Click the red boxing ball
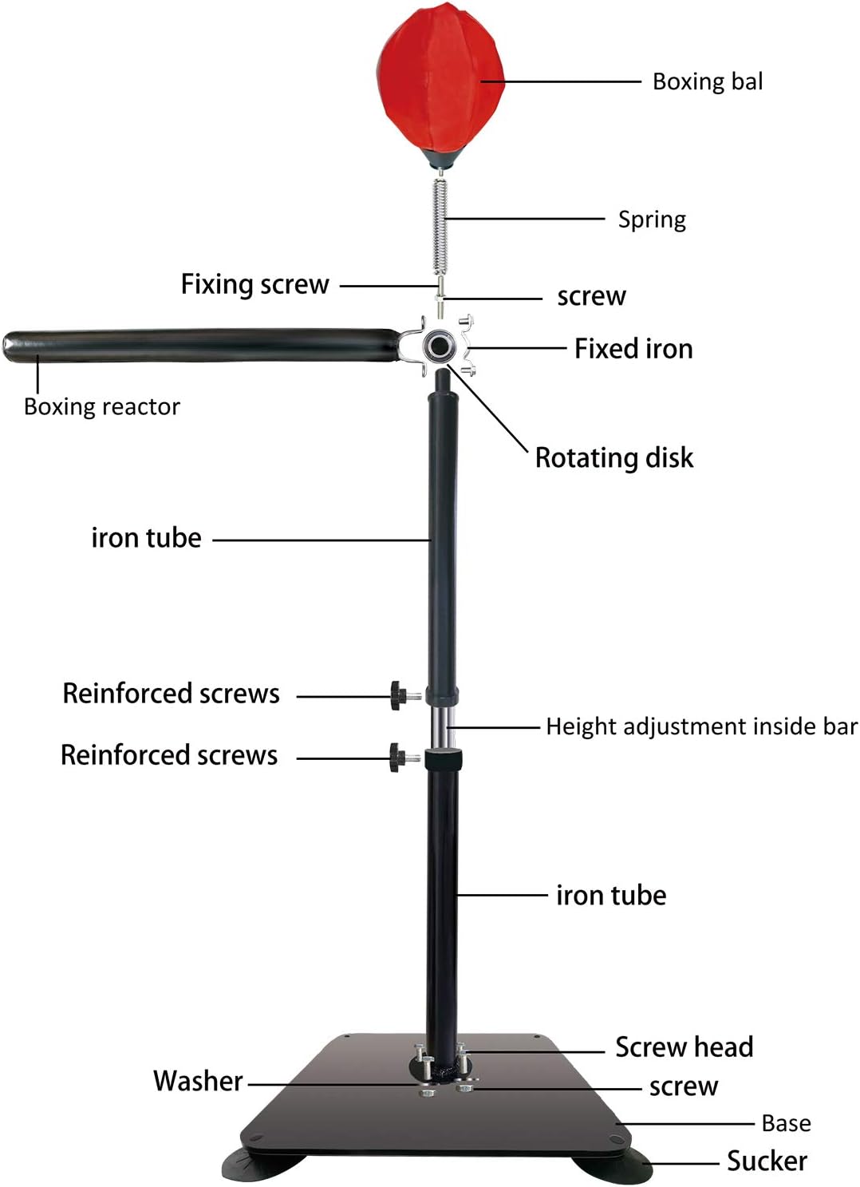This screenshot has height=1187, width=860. click(440, 84)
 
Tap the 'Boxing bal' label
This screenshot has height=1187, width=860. click(707, 81)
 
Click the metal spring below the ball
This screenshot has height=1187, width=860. click(440, 227)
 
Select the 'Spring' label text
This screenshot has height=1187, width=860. click(652, 220)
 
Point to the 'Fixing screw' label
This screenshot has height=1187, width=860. click(254, 284)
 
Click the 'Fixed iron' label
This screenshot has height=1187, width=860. click(633, 349)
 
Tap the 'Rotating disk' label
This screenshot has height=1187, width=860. click(613, 457)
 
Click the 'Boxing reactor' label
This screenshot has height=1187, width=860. click(102, 407)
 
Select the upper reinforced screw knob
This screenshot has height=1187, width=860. click(398, 695)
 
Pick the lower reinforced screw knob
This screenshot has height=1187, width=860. click(397, 757)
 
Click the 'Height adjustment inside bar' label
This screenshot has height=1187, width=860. click(701, 726)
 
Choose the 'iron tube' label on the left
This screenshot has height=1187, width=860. click(146, 538)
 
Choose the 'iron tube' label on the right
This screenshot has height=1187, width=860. click(611, 896)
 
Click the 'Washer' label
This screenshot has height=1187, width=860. click(198, 1081)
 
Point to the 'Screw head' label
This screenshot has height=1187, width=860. click(684, 1047)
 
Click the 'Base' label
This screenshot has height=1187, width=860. click(786, 1124)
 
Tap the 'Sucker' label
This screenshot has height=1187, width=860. click(767, 1161)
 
